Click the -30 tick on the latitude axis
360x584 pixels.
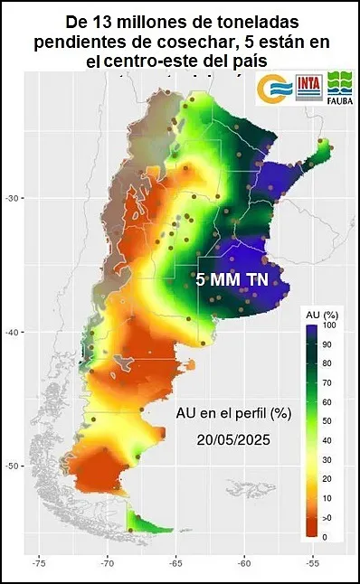[14, 197]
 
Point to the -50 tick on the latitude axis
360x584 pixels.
[14, 466]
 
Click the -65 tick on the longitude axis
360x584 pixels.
[175, 561]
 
